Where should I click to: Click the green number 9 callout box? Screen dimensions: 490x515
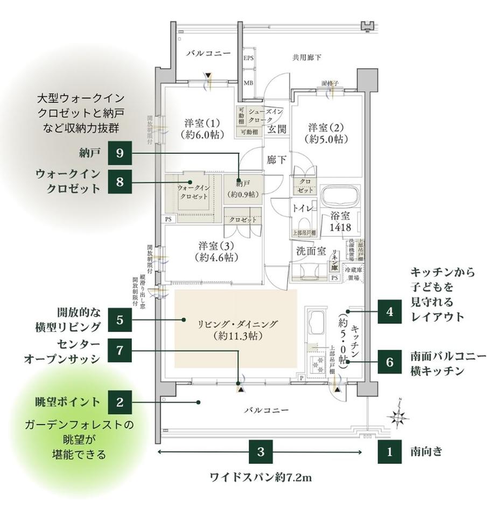pyautogui.click(x=120, y=153)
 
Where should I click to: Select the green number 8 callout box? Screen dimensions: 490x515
pyautogui.click(x=120, y=182)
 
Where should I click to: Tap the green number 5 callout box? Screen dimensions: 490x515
pyautogui.click(x=120, y=320)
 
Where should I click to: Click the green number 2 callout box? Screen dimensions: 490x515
pyautogui.click(x=120, y=401)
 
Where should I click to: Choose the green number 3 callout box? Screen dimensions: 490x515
pyautogui.click(x=261, y=451)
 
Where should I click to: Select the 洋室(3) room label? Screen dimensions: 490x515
pyautogui.click(x=214, y=251)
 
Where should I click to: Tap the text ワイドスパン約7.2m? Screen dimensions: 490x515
pyautogui.click(x=261, y=477)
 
